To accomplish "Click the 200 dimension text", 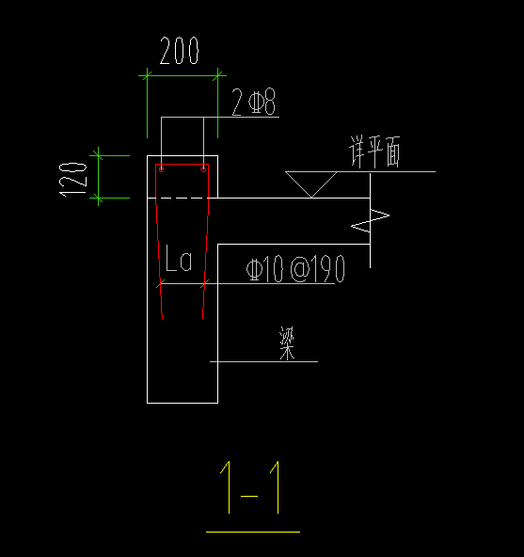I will (x=180, y=52).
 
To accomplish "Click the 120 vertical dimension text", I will (x=73, y=178).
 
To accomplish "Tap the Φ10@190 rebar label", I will (x=295, y=270).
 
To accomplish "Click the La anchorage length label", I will (x=179, y=261).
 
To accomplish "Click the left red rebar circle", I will (x=161, y=169).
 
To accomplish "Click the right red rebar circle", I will (x=204, y=169).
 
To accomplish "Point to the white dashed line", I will (x=182, y=199).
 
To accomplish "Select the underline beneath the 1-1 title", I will (x=252, y=532).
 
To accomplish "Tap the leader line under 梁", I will (x=263, y=361).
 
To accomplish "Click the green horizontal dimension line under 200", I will (x=182, y=73).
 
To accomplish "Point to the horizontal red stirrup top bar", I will (x=183, y=164).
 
